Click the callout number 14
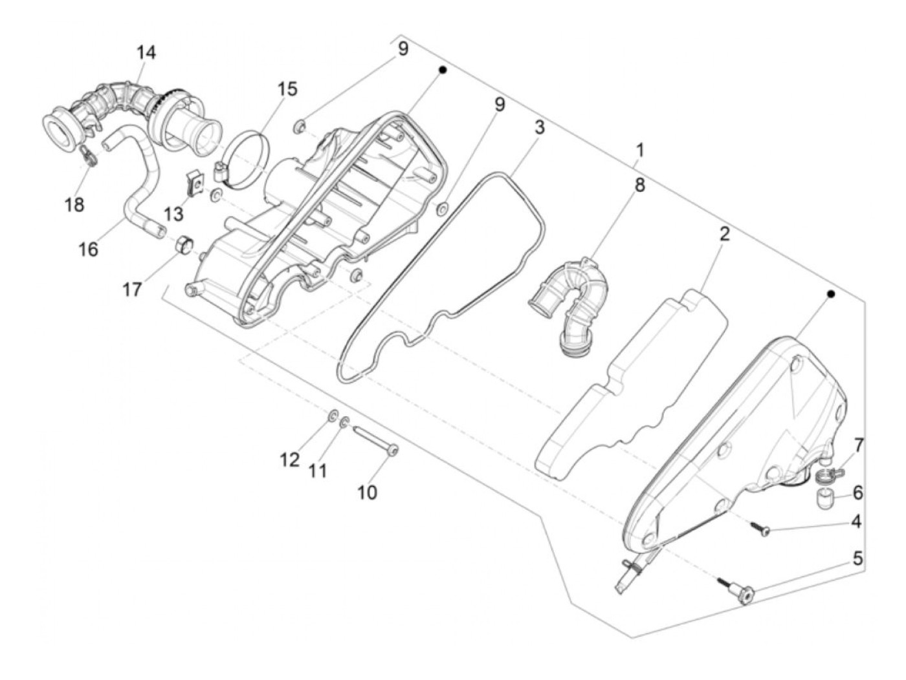pyautogui.click(x=146, y=52)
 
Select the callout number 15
pyautogui.click(x=287, y=89)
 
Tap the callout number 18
pyautogui.click(x=74, y=204)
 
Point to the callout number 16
pyautogui.click(x=89, y=248)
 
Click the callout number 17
pyautogui.click(x=132, y=289)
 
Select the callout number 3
pyautogui.click(x=538, y=127)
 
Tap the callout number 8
pyautogui.click(x=639, y=186)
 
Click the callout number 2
pyautogui.click(x=724, y=233)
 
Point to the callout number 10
pyautogui.click(x=367, y=492)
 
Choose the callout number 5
pyautogui.click(x=857, y=558)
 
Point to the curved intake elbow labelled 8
pyautogui.click(x=569, y=301)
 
